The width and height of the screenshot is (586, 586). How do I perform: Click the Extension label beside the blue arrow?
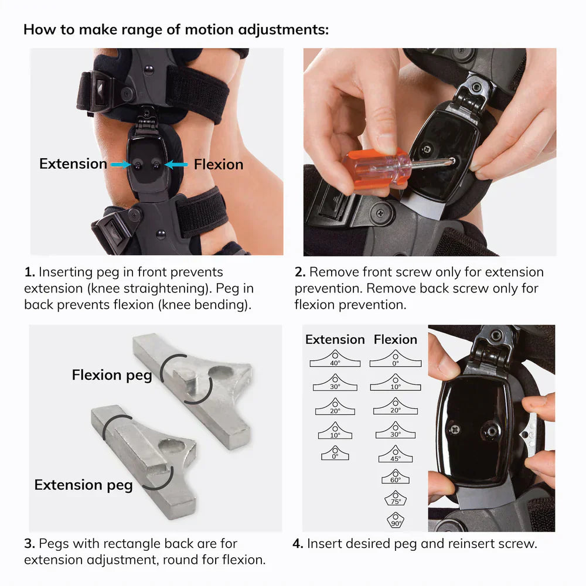click(x=73, y=164)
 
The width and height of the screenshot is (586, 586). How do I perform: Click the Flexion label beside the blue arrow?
click(x=219, y=164)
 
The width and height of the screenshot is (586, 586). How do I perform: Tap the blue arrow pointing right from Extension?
click(x=120, y=165)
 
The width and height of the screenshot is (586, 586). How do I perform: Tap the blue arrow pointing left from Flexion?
click(x=176, y=165)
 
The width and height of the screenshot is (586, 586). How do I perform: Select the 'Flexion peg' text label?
click(x=111, y=375)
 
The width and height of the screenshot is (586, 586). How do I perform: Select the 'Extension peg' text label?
click(x=83, y=485)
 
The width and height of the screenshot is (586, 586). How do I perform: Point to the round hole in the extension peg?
click(x=170, y=447)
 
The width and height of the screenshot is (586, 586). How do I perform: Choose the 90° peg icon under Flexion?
click(x=396, y=520)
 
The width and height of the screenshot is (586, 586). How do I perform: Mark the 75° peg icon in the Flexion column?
click(x=396, y=499)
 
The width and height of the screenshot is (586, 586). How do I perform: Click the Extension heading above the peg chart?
click(x=335, y=339)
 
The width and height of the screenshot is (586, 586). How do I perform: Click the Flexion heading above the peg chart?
click(x=396, y=339)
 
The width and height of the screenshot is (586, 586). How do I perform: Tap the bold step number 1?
click(x=29, y=272)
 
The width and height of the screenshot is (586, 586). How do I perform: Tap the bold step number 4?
click(x=298, y=544)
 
